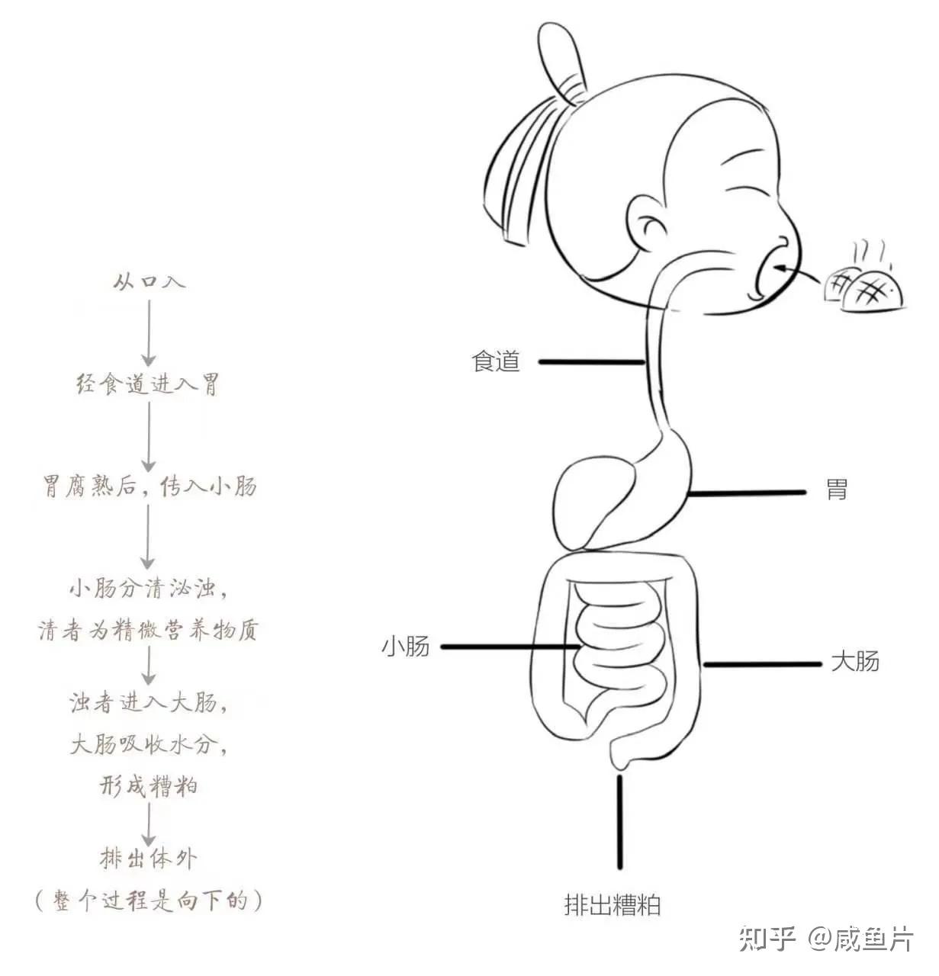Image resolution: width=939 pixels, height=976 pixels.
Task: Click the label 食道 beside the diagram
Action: pos(496,361)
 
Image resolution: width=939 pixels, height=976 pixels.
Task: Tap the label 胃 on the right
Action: pos(837,490)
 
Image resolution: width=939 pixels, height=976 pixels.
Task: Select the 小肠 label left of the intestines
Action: pos(406,647)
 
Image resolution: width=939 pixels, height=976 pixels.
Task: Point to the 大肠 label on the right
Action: pos(854,661)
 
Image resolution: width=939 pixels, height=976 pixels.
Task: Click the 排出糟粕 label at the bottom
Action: pos(612,905)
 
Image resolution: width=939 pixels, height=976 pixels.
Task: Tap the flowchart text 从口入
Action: pos(149,281)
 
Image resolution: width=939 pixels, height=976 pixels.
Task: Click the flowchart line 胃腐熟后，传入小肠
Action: pos(149,486)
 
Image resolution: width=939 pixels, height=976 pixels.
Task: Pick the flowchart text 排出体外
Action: pos(149,859)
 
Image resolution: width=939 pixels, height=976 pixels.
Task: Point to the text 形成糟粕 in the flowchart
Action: pos(149,785)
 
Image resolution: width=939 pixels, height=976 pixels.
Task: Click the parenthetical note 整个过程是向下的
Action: pos(149,901)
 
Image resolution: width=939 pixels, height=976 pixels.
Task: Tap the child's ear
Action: pos(650,226)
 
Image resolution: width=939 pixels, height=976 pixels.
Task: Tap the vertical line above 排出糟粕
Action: pos(619,822)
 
